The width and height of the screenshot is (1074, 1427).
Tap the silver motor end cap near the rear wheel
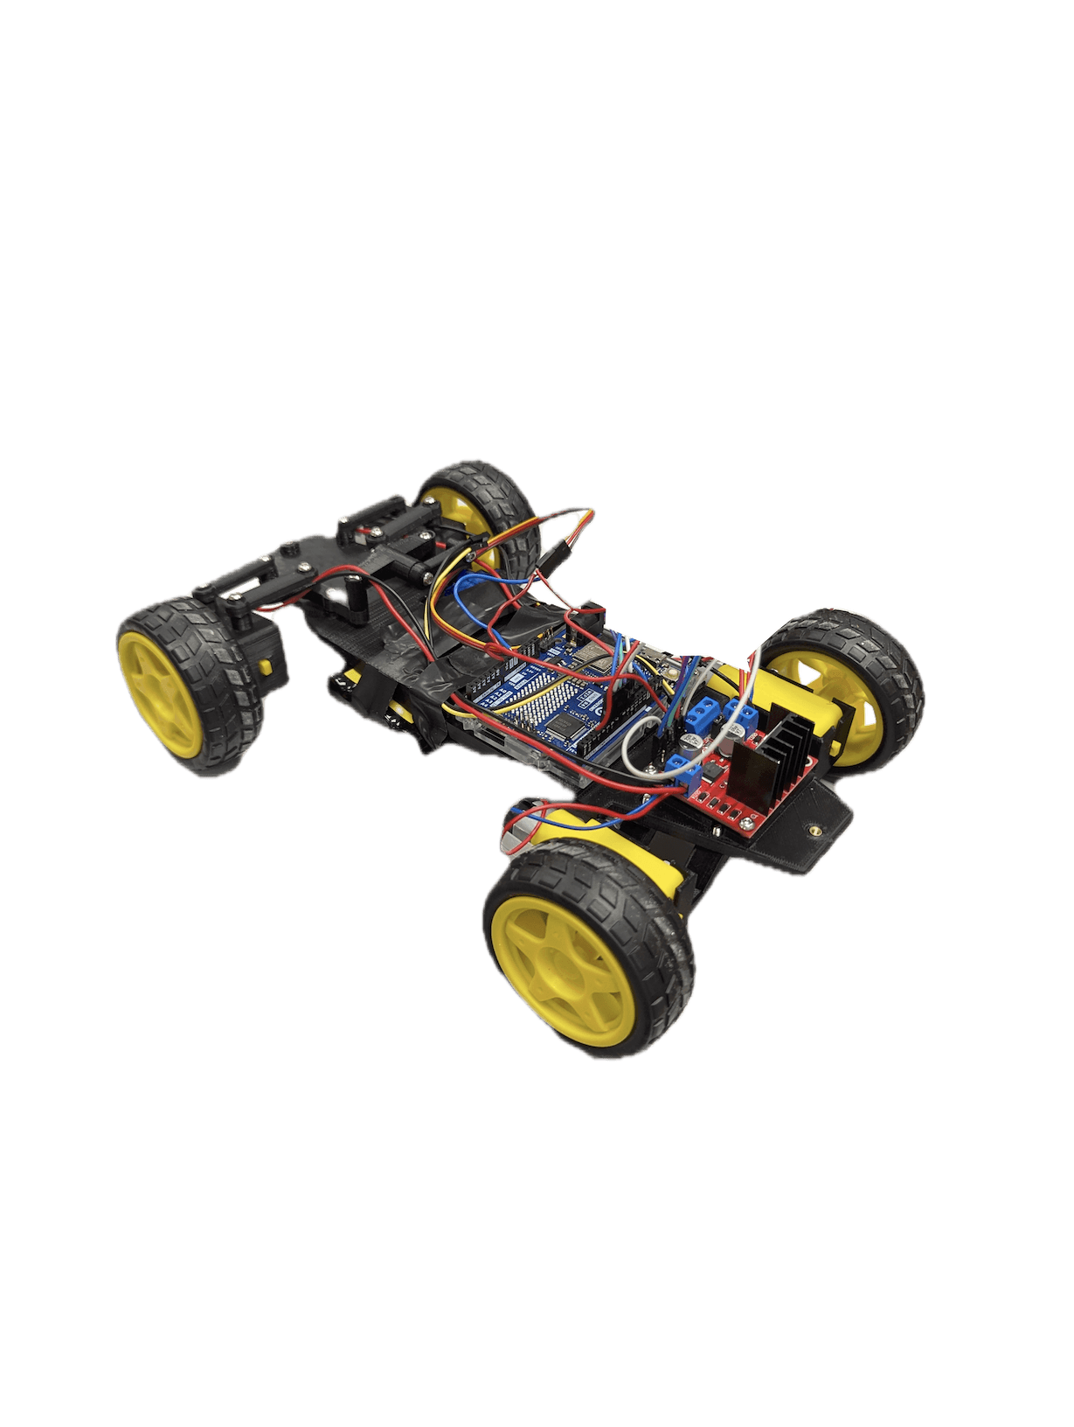tap(514, 833)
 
